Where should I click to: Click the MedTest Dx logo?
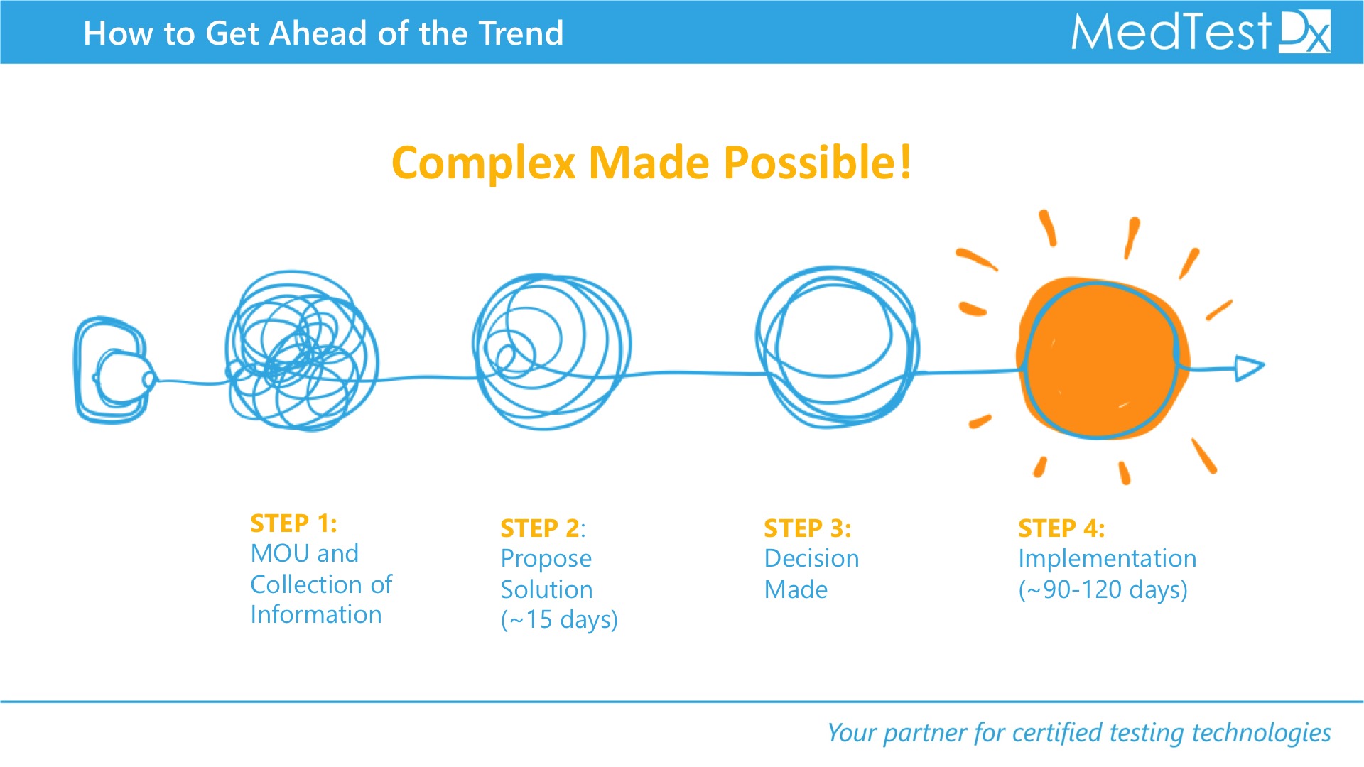[x=1201, y=32]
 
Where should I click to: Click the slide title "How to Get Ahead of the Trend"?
[x=323, y=33]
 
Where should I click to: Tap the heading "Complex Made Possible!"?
[x=651, y=163]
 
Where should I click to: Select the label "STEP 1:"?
[x=293, y=523]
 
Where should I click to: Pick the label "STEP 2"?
[x=540, y=528]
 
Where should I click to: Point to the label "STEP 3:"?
[x=807, y=528]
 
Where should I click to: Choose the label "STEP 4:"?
[x=1061, y=528]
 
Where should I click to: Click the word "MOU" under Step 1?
[x=281, y=553]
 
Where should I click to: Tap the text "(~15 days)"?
[x=559, y=620]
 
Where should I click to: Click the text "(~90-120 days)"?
[x=1103, y=589]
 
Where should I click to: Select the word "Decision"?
[x=811, y=559]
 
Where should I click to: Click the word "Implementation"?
[x=1107, y=560]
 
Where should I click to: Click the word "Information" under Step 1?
[x=316, y=615]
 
